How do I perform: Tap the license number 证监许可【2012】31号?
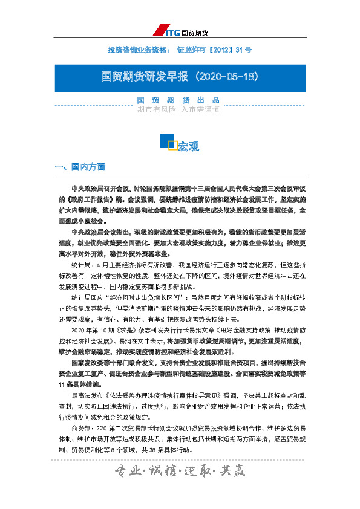click(x=214, y=48)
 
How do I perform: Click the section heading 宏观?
click(x=188, y=147)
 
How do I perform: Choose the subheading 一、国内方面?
click(x=80, y=167)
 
